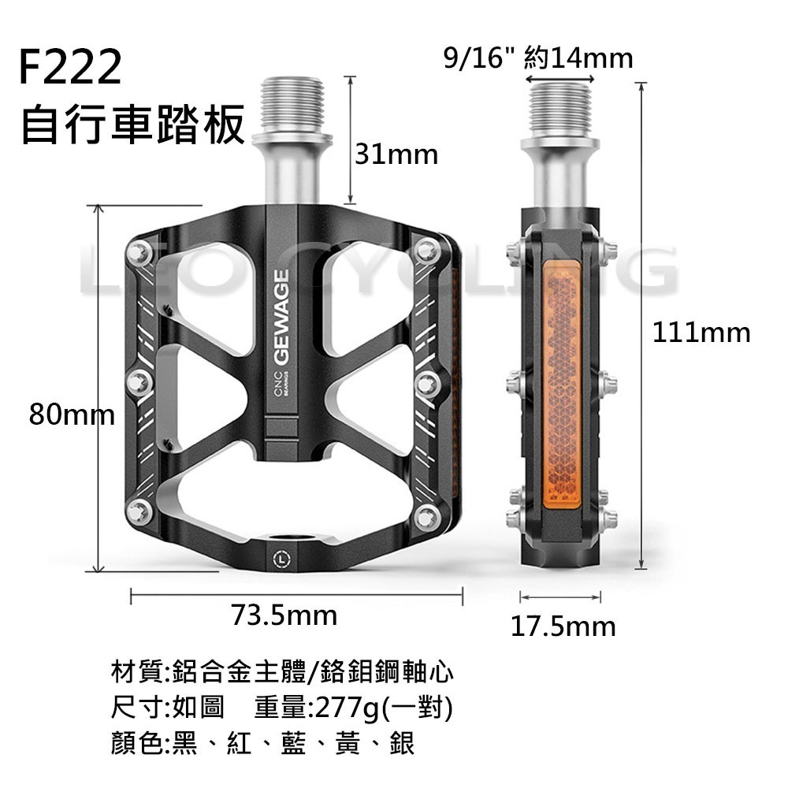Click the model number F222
click(x=71, y=70)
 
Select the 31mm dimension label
click(x=396, y=154)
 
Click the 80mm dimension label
click(x=71, y=414)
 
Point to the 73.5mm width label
click(x=284, y=615)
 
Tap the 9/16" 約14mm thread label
click(x=538, y=58)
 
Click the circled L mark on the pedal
click(x=282, y=559)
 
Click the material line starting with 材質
click(x=284, y=674)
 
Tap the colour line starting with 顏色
click(x=264, y=743)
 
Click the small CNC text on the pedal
click(x=277, y=381)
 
